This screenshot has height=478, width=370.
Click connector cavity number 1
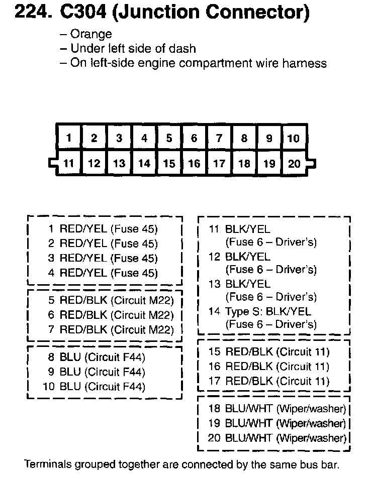tap(69, 138)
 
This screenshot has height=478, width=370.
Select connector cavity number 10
tap(293, 138)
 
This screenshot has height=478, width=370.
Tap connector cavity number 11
tap(69, 163)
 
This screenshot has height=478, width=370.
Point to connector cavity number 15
tap(169, 163)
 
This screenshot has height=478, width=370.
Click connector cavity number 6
tap(194, 138)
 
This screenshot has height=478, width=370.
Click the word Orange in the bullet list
tap(91, 35)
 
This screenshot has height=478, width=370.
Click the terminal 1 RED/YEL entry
tap(103, 229)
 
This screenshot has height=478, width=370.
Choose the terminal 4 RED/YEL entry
tap(103, 273)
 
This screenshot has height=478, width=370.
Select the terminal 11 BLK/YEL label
tap(240, 229)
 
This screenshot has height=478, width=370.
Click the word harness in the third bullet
tap(308, 63)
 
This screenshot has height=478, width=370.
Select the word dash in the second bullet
tap(184, 49)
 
